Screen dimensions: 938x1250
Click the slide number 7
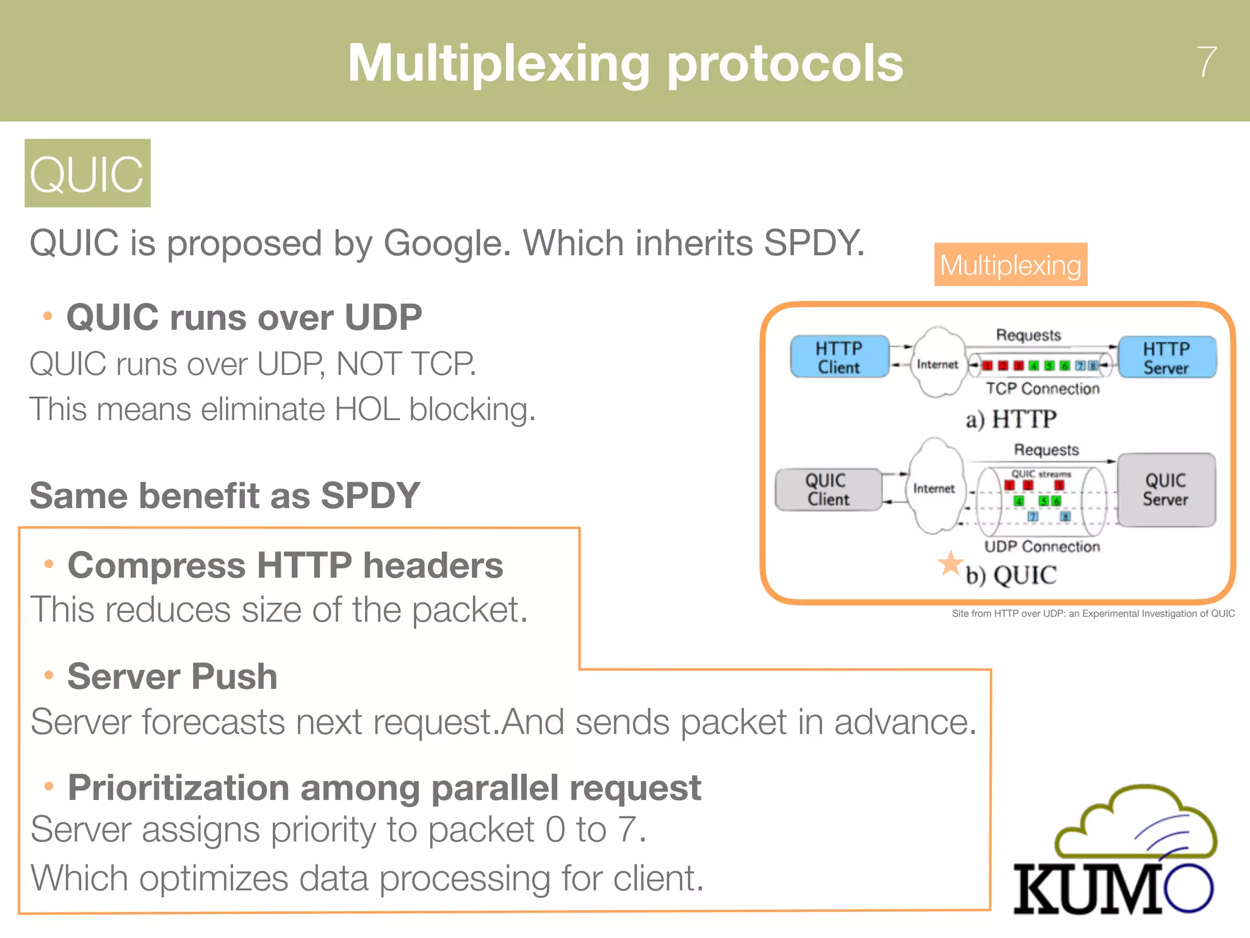click(1207, 62)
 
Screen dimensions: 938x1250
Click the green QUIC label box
click(87, 173)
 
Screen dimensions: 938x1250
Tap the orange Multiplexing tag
click(1010, 265)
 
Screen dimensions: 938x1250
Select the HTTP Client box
click(839, 357)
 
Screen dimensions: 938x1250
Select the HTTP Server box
click(1166, 358)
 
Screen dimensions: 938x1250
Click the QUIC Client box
click(828, 490)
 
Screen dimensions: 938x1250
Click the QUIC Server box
click(1166, 490)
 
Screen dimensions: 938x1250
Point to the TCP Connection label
click(1042, 389)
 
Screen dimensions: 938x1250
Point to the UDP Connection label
click(1042, 547)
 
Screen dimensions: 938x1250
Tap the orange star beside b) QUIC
click(950, 564)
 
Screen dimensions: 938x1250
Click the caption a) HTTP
click(1011, 420)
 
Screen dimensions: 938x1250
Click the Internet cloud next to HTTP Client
click(937, 363)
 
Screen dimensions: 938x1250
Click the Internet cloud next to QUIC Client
click(934, 487)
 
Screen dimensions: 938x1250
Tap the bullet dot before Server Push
click(49, 675)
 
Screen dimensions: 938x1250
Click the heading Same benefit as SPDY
click(225, 495)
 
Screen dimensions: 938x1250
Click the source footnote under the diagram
click(1093, 614)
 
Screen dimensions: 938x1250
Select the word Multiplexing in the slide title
click(499, 64)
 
